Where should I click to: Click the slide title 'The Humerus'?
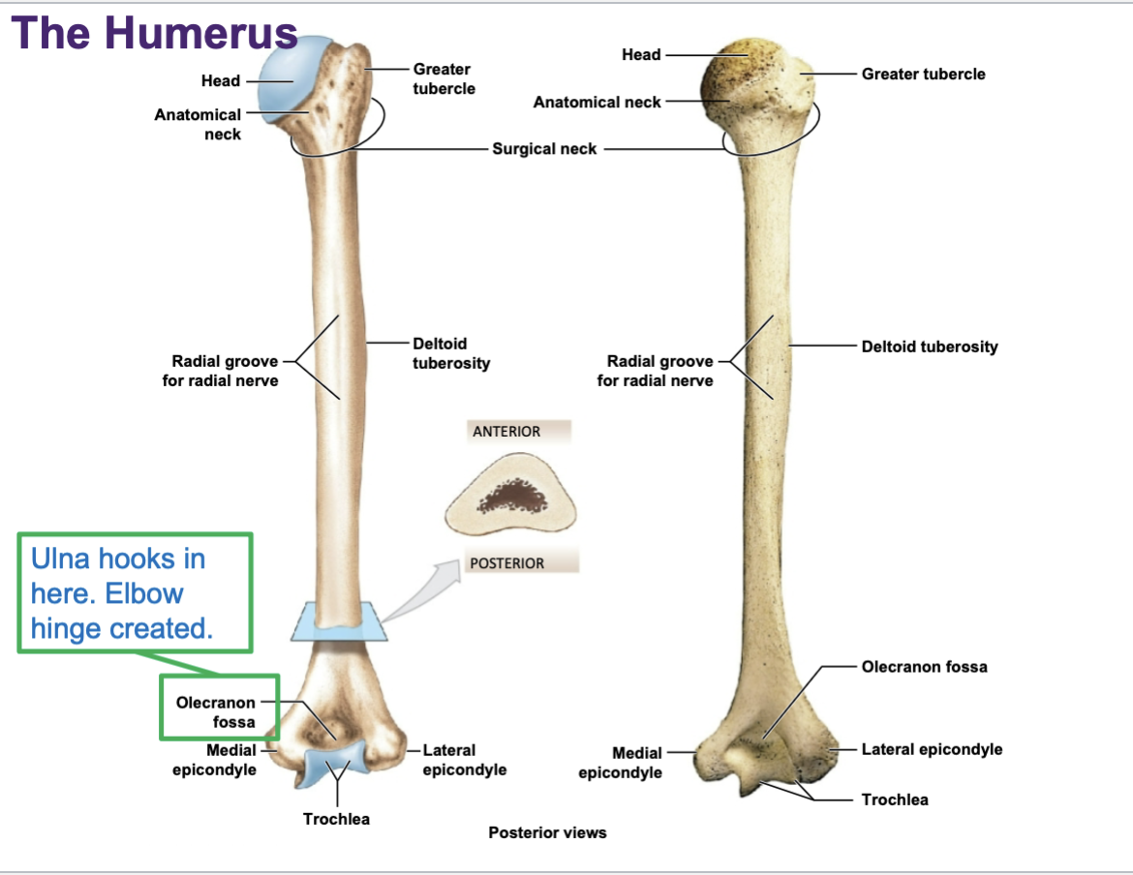coord(155,33)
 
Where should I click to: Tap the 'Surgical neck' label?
coord(544,149)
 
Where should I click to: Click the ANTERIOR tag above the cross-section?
coord(506,432)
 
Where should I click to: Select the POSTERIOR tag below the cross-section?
coord(506,563)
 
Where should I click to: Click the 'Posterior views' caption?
coord(547,832)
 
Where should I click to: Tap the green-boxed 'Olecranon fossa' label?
coord(216,712)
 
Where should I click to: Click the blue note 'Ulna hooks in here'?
coord(121,593)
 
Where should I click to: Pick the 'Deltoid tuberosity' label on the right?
coord(929,347)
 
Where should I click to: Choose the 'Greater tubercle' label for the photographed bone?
coord(923,74)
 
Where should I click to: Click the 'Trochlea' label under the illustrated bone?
coord(336,819)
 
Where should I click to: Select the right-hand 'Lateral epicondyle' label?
coord(932,749)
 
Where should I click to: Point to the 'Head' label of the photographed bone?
coord(641,55)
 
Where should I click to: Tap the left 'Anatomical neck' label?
coord(199,124)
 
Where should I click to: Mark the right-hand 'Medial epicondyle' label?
coord(620,763)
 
